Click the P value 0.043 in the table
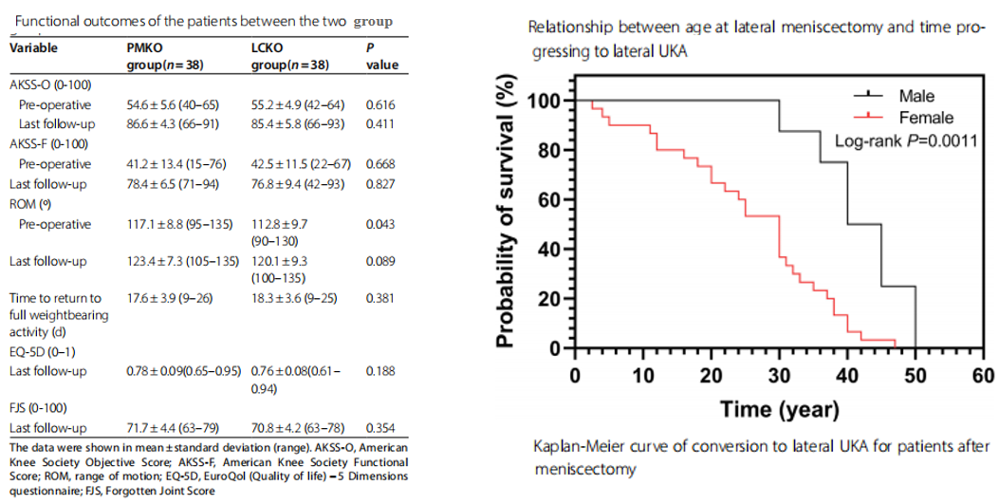[x=380, y=224]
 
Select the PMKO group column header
[x=165, y=56]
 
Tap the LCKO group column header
[x=290, y=56]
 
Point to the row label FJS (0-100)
[x=38, y=408]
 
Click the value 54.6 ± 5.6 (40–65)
[x=172, y=105]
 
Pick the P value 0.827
[x=380, y=184]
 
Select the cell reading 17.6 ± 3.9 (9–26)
[x=170, y=298]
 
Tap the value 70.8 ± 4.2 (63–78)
[x=296, y=428]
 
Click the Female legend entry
[x=903, y=118]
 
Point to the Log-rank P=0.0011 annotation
[x=906, y=140]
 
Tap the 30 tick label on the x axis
[x=779, y=376]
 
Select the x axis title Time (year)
[x=779, y=409]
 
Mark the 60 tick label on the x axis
[x=983, y=376]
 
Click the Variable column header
[x=34, y=47]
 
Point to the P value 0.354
[x=380, y=428]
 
